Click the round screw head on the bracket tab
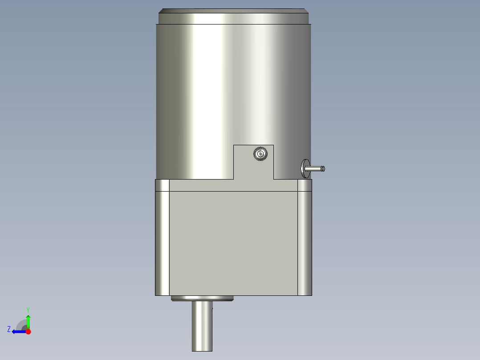pyautogui.click(x=260, y=154)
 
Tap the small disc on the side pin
pyautogui.click(x=305, y=168)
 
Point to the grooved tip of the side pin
pyautogui.click(x=323, y=168)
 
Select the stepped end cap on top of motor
pyautogui.click(x=234, y=17)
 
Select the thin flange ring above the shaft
pyautogui.click(x=202, y=299)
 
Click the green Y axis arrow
pyautogui.click(x=28, y=321)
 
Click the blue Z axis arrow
pyautogui.click(x=18, y=331)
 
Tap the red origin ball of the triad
pyautogui.click(x=28, y=331)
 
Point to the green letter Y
pyautogui.click(x=28, y=309)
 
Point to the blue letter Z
pyautogui.click(x=9, y=329)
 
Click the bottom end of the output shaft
pyautogui.click(x=202, y=349)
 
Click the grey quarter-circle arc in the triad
pyautogui.click(x=21, y=324)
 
